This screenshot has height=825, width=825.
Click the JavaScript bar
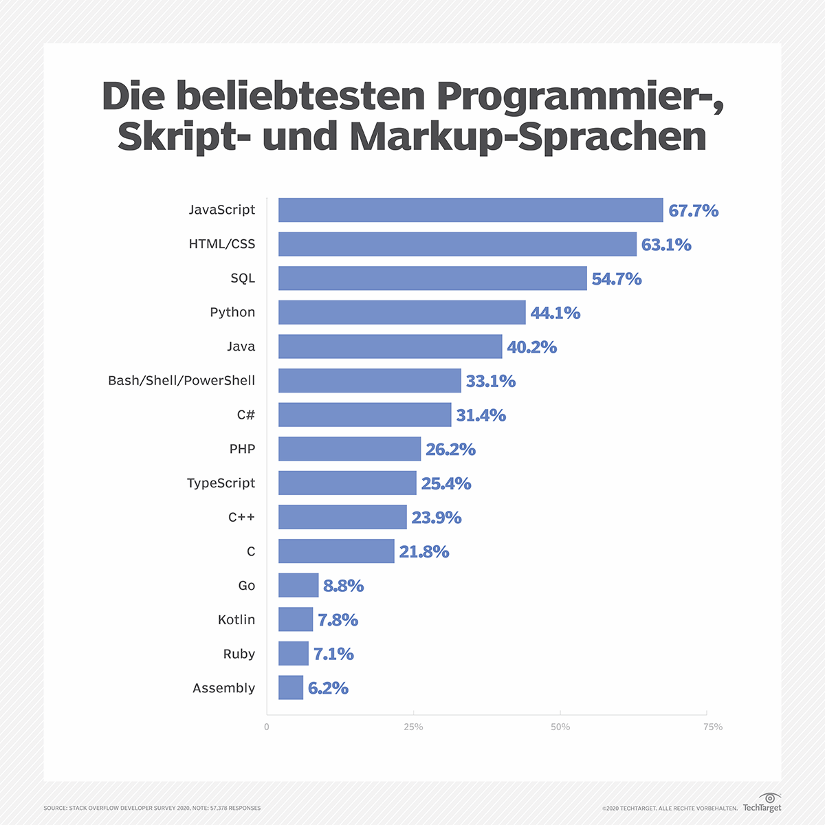(x=470, y=210)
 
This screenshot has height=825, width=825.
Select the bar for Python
(x=401, y=312)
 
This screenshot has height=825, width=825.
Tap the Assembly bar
(x=291, y=687)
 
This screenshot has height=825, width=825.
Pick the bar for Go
(x=298, y=585)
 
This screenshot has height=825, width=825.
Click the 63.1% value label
(x=665, y=245)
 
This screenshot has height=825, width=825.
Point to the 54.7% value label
(x=616, y=278)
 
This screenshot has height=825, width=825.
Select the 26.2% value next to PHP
(x=450, y=449)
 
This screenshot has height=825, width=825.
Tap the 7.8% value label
(x=338, y=619)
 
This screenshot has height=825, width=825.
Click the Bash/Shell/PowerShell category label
(x=181, y=380)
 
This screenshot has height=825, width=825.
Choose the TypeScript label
(x=221, y=483)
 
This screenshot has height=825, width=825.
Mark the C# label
(x=245, y=415)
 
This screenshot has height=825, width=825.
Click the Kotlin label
(x=236, y=619)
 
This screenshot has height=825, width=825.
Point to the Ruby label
(x=239, y=654)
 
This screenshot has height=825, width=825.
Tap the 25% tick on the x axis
(x=413, y=727)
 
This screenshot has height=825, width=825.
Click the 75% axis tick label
(x=713, y=727)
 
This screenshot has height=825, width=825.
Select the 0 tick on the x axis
(x=267, y=727)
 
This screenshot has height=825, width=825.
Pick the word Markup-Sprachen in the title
(x=528, y=136)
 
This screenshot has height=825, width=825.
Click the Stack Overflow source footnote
(x=152, y=808)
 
